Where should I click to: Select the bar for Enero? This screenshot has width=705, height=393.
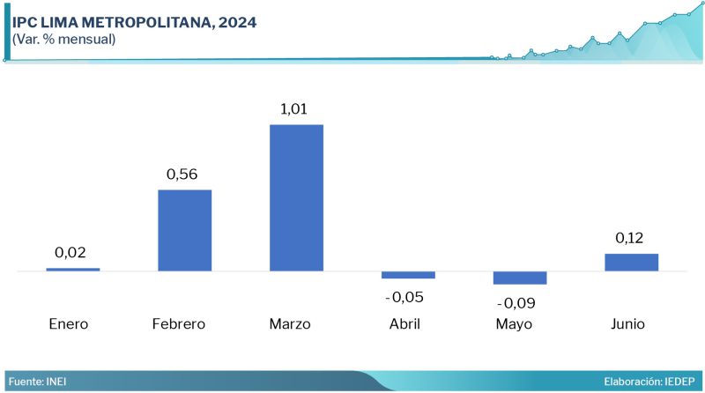73,269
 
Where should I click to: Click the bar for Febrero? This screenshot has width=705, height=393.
184,230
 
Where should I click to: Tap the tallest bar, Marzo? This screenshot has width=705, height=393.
296,197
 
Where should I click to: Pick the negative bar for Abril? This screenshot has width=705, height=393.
408,275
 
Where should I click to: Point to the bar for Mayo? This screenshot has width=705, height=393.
520,278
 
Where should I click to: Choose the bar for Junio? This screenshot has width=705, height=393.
632,262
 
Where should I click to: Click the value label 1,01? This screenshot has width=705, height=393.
296,109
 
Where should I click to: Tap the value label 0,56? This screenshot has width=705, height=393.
184,174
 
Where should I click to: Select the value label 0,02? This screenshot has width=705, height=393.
70,253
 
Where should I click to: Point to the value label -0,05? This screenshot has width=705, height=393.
404,296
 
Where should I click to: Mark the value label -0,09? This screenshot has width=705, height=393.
516,303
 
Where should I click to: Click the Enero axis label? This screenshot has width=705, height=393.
69,323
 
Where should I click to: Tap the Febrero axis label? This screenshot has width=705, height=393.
179,323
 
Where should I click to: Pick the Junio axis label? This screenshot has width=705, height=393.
627,323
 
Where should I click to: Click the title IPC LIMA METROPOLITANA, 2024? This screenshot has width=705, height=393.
135,22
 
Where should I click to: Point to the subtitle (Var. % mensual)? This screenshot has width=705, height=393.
63,39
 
